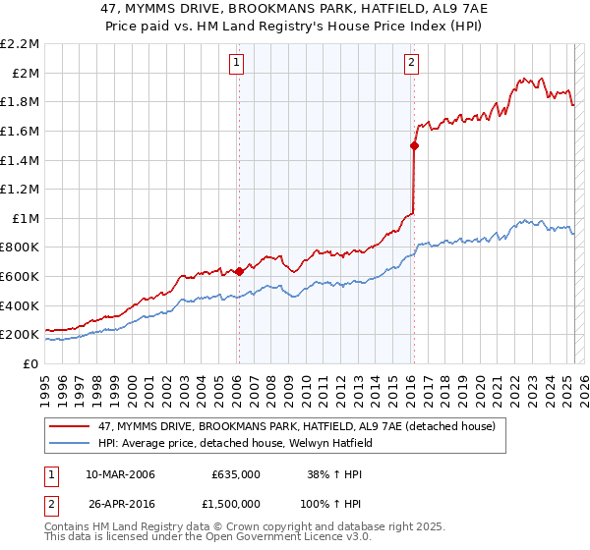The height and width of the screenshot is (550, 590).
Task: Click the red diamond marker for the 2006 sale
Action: tap(238, 271)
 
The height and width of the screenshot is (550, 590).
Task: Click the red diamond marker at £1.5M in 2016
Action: tap(414, 145)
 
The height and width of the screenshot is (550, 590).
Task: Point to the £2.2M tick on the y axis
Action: tap(21, 44)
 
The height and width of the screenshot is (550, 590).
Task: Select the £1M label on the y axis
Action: tap(27, 218)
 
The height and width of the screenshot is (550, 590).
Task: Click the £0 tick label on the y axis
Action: tap(30, 363)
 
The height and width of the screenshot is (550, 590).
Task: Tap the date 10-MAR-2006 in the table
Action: tap(121, 474)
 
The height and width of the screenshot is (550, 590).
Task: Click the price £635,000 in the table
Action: tap(236, 474)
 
